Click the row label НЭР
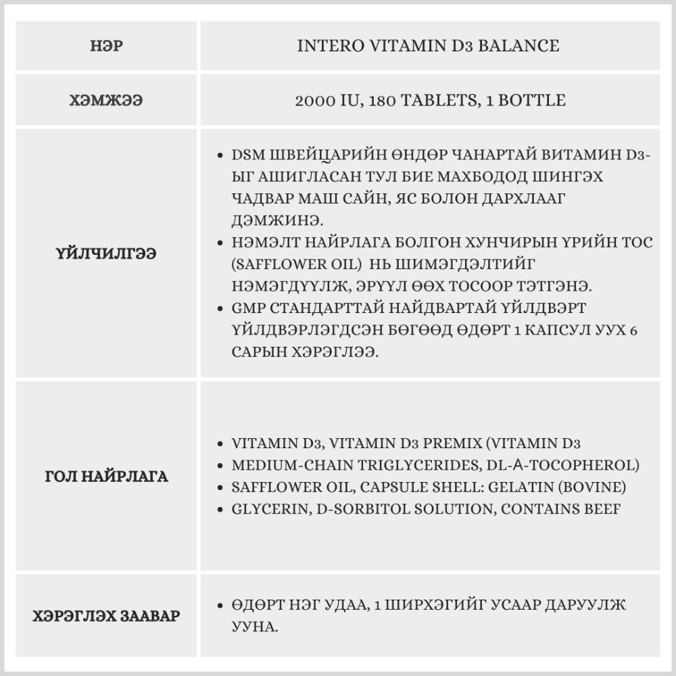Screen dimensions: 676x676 pos(106,47)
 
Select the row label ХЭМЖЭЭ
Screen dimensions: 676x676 pos(106,101)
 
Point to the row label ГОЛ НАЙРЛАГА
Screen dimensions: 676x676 pos(106,477)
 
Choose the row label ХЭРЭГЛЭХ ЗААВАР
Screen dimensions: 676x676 pos(106,616)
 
